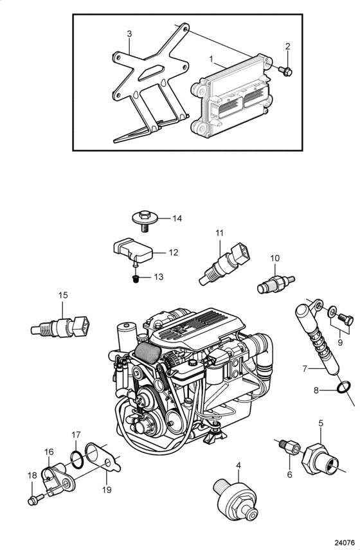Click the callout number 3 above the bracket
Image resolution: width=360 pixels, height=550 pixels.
(x=129, y=33)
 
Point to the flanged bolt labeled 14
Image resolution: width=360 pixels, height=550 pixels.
(x=145, y=220)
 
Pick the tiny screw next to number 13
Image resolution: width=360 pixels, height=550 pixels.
(x=136, y=279)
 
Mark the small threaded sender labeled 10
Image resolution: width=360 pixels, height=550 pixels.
(x=276, y=284)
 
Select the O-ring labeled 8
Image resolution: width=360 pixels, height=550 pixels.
(x=343, y=387)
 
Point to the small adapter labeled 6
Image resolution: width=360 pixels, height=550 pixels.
(x=290, y=448)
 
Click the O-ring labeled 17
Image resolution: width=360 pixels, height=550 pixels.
(x=78, y=460)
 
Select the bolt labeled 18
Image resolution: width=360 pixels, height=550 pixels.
(x=36, y=499)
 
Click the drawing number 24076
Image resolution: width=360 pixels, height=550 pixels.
(x=344, y=543)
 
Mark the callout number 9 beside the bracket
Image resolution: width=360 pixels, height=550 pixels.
(x=339, y=342)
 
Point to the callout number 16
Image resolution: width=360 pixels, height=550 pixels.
(x=49, y=452)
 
